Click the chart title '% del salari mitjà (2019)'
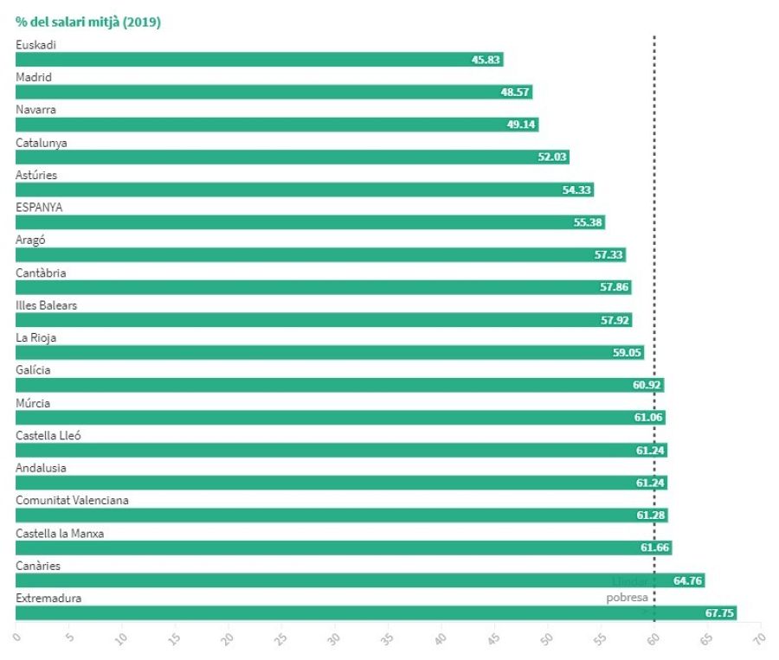[x=88, y=22]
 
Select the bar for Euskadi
[x=259, y=60]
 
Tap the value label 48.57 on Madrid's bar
[x=515, y=93]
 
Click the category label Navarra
[x=35, y=110]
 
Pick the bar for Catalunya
[x=292, y=157]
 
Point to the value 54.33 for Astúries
[x=576, y=190]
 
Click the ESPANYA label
[x=39, y=208]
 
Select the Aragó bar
[x=320, y=255]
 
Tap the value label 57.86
[x=615, y=287]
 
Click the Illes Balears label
[x=46, y=305]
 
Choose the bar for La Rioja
[x=329, y=353]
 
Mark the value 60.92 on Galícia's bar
[x=647, y=385]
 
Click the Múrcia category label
[x=33, y=403]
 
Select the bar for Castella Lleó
[x=341, y=450]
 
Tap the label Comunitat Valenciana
[x=72, y=501]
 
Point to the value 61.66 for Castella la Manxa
[x=654, y=548]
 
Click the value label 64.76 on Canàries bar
[x=687, y=580]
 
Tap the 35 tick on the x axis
[x=334, y=638]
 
